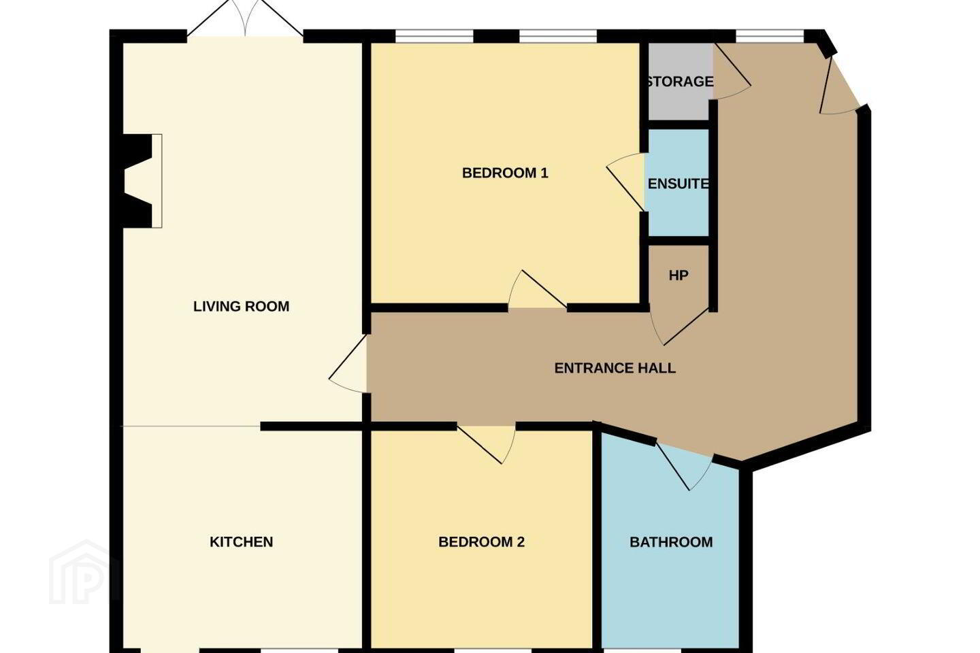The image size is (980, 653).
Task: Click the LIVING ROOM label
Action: pyautogui.click(x=241, y=306)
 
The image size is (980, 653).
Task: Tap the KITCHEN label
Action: pyautogui.click(x=242, y=542)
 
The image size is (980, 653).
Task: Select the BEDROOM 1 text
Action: pyautogui.click(x=505, y=173)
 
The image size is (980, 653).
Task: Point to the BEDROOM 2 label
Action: pyautogui.click(x=481, y=542)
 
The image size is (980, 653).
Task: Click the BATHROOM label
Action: pyautogui.click(x=671, y=542)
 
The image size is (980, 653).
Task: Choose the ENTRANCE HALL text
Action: pyautogui.click(x=615, y=368)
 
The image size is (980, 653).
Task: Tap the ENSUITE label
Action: pyautogui.click(x=678, y=184)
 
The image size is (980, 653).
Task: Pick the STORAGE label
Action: pyautogui.click(x=680, y=82)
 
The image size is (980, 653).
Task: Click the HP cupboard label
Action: pyautogui.click(x=679, y=275)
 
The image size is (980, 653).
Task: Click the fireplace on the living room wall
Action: pyautogui.click(x=143, y=181)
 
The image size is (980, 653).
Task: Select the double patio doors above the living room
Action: pyautogui.click(x=245, y=18)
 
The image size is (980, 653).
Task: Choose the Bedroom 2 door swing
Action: pyautogui.click(x=487, y=444)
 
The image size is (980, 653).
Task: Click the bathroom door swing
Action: pyautogui.click(x=683, y=466)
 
